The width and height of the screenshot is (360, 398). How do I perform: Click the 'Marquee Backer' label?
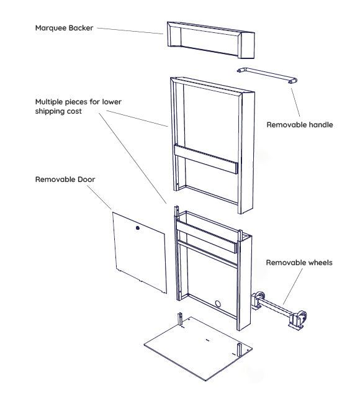click(x=64, y=28)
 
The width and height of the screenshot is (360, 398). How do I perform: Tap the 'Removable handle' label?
click(x=300, y=125)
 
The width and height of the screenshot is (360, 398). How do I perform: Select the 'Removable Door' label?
click(x=65, y=179)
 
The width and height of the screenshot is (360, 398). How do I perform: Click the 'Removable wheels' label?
click(x=299, y=263)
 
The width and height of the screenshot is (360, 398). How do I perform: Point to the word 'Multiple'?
click(x=49, y=102)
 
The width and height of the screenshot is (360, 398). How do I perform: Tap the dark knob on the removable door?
click(x=138, y=228)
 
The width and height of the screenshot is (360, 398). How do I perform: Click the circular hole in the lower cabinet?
click(x=218, y=304)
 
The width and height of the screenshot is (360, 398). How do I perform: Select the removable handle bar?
click(x=267, y=75)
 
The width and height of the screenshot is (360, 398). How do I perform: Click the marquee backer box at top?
click(x=211, y=40)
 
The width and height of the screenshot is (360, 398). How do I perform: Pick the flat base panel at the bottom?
click(x=198, y=349)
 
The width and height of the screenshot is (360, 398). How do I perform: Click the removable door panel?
click(x=140, y=252)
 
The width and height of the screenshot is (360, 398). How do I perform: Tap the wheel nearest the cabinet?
click(x=257, y=299)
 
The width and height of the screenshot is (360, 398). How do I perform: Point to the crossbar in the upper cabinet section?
click(x=205, y=159)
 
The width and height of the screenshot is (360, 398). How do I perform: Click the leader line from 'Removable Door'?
click(x=99, y=197)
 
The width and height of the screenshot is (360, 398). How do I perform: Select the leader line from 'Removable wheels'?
click(x=293, y=286)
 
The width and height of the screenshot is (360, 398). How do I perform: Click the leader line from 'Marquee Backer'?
click(x=130, y=30)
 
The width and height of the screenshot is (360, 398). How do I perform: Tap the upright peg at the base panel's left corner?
click(x=180, y=319)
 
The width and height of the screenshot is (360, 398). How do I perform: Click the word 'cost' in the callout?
click(x=74, y=111)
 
